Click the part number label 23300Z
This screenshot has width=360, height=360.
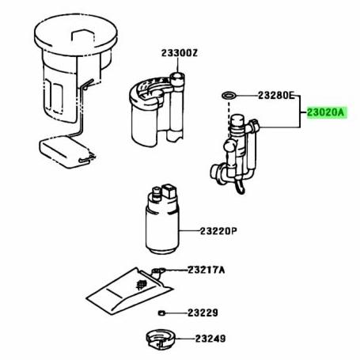pyautogui.click(x=180, y=53)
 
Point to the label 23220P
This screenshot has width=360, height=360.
pyautogui.click(x=218, y=233)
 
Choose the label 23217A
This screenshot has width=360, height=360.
pyautogui.click(x=206, y=271)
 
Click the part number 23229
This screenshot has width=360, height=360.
pyautogui.click(x=203, y=313)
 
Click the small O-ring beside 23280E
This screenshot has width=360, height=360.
pyautogui.click(x=228, y=97)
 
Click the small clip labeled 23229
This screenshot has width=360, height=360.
pyautogui.click(x=161, y=313)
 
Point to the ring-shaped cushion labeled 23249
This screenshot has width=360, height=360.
pyautogui.click(x=161, y=341)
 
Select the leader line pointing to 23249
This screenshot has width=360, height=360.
pyautogui.click(x=184, y=339)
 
